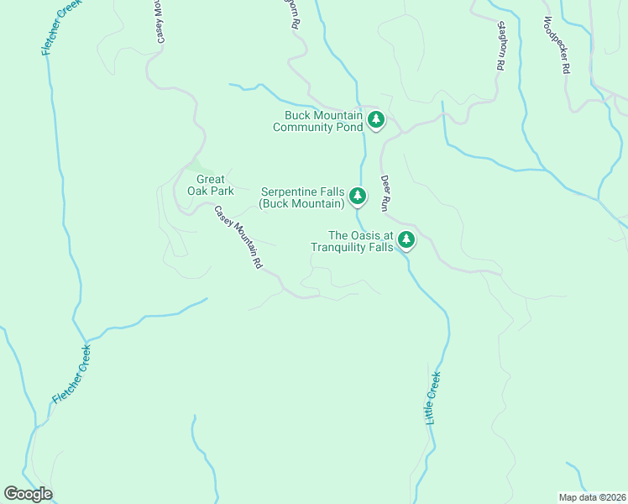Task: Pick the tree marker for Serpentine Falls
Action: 358,197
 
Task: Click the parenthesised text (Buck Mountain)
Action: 301,203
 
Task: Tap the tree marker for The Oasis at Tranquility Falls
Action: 406,240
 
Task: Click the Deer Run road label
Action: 387,192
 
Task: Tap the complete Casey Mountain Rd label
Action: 238,237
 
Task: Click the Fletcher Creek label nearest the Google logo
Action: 71,375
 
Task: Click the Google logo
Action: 28,494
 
